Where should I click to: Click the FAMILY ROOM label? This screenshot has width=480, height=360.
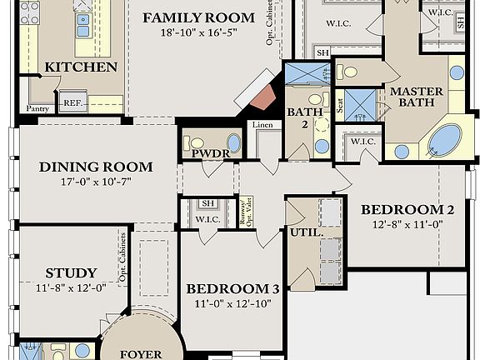[197, 17]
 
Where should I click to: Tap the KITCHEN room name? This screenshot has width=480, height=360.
[81, 67]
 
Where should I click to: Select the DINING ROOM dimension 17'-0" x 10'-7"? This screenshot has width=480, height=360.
[85, 181]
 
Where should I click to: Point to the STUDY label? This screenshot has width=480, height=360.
[71, 272]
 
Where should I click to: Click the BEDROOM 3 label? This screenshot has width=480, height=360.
[232, 289]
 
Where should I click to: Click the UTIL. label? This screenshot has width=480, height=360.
[305, 233]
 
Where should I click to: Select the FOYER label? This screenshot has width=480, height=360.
[140, 354]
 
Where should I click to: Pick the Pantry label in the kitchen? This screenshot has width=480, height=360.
[37, 108]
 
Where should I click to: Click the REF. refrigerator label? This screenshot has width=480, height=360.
[73, 103]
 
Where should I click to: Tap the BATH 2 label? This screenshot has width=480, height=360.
[299, 118]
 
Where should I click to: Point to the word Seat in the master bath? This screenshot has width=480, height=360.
[339, 107]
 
